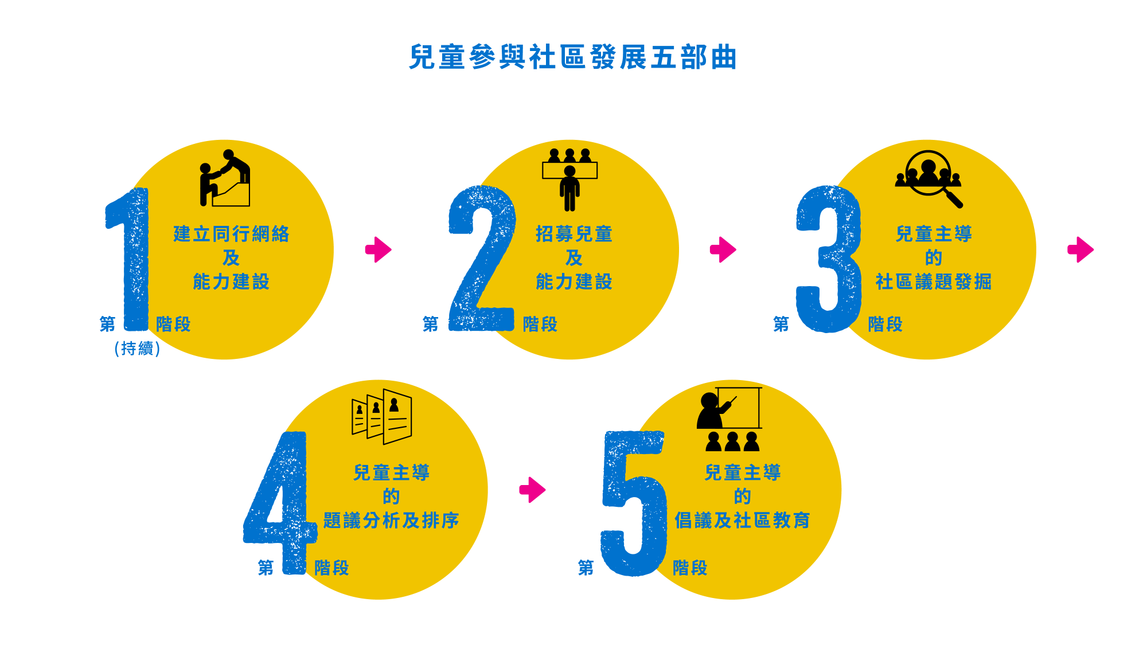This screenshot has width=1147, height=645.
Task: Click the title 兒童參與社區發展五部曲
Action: click(572, 57)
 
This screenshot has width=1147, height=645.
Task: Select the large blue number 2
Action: click(481, 258)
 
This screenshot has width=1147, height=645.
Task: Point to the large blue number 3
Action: click(829, 259)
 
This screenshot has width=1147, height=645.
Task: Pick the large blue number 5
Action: click(634, 503)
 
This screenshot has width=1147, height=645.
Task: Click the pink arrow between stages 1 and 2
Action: click(379, 249)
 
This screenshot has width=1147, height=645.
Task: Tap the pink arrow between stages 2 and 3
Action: click(723, 249)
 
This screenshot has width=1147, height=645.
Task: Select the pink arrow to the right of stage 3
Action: click(1080, 249)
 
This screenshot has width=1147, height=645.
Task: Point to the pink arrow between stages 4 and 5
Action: click(533, 490)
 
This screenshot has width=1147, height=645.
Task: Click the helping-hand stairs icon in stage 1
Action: click(225, 178)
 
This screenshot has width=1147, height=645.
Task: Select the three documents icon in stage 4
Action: click(382, 417)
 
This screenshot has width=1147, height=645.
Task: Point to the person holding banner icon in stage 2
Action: click(569, 179)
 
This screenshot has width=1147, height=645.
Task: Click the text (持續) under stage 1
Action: click(137, 349)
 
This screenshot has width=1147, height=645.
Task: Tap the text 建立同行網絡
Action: click(231, 234)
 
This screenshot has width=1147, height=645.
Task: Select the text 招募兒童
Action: click(574, 234)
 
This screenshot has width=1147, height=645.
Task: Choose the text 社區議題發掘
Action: click(933, 282)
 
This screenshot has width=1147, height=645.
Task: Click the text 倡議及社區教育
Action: click(742, 520)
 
